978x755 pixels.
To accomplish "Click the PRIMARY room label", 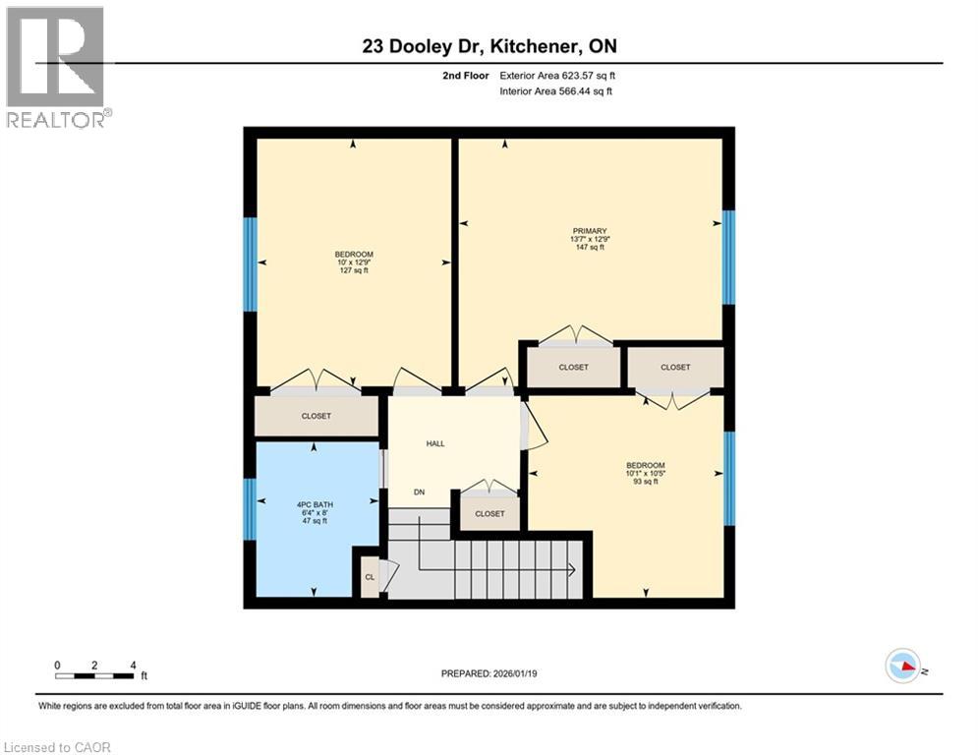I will pyautogui.click(x=590, y=231).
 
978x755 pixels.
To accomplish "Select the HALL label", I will pyautogui.click(x=435, y=443).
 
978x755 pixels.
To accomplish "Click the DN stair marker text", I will pyautogui.click(x=419, y=492).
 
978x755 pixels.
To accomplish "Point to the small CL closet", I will pyautogui.click(x=370, y=577).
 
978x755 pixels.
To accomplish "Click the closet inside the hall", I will pyautogui.click(x=489, y=513).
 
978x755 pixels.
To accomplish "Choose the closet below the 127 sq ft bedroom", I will pyautogui.click(x=316, y=416).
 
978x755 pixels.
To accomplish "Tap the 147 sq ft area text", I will pyautogui.click(x=590, y=247).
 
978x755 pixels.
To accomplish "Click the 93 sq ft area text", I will pyautogui.click(x=646, y=482).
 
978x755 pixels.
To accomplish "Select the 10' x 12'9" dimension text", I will pyautogui.click(x=353, y=262).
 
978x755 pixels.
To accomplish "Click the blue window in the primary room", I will pyautogui.click(x=728, y=257).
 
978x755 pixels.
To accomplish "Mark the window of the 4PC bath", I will pyautogui.click(x=250, y=508).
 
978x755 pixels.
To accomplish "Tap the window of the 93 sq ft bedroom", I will pyautogui.click(x=728, y=477).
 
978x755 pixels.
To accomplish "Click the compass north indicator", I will pyautogui.click(x=901, y=667).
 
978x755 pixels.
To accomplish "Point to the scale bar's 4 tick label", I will pyautogui.click(x=132, y=665).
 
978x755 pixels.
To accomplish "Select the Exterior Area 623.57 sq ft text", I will pyautogui.click(x=558, y=75).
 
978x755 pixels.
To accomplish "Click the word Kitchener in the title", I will pyautogui.click(x=511, y=46).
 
